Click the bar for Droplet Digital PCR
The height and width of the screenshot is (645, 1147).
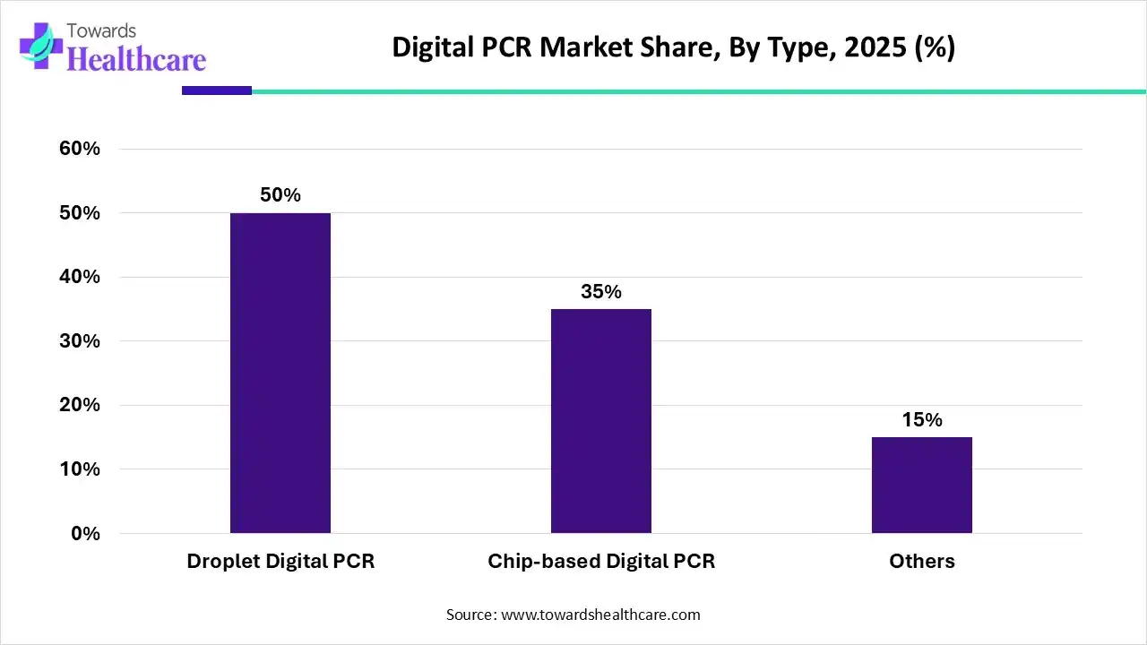(280, 373)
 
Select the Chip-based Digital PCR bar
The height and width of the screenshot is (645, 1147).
(601, 421)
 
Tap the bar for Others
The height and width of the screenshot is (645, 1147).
(922, 485)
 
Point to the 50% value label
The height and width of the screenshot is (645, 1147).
(280, 195)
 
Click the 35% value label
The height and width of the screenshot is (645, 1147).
(601, 292)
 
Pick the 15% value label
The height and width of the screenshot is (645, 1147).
(922, 420)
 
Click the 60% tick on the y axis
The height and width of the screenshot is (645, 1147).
(80, 149)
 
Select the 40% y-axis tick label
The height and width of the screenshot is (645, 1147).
(80, 277)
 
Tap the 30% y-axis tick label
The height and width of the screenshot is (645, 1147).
(80, 341)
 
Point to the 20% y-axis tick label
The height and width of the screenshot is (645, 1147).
(80, 405)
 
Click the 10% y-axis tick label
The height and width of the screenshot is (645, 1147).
(80, 469)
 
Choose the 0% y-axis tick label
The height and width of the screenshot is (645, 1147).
(85, 534)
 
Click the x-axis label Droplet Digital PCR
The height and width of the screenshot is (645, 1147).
(280, 562)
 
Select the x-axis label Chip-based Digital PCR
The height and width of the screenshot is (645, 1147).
(601, 562)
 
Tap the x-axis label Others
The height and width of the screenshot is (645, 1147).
(922, 562)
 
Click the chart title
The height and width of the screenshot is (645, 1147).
(674, 48)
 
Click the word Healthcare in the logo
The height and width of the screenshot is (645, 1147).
(136, 59)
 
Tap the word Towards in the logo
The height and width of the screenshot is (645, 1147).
(102, 31)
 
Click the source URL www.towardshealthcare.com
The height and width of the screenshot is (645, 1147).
(599, 615)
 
